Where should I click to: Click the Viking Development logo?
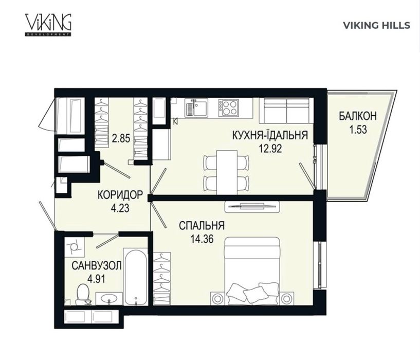[x=48, y=25]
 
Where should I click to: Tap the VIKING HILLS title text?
[x=376, y=25]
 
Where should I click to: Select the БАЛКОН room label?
[x=358, y=116]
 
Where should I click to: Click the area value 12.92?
[x=270, y=148]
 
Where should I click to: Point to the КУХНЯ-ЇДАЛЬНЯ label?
[x=270, y=135]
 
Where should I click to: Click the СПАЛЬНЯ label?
[x=202, y=225]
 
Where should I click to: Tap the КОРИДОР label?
[x=120, y=194]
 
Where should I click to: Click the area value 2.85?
[x=121, y=139]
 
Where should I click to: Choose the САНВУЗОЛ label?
[x=97, y=266]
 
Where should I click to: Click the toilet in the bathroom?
[x=83, y=294]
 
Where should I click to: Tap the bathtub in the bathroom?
[x=136, y=277]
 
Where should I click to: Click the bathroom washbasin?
[x=109, y=299]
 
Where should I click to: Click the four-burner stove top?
[x=228, y=108]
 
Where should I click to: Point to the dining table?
[x=227, y=172]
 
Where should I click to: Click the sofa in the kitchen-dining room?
[x=286, y=111]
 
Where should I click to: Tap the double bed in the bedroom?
[x=252, y=271]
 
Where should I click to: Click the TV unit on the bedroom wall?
[x=252, y=207]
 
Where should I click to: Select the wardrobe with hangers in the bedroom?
[x=162, y=278]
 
